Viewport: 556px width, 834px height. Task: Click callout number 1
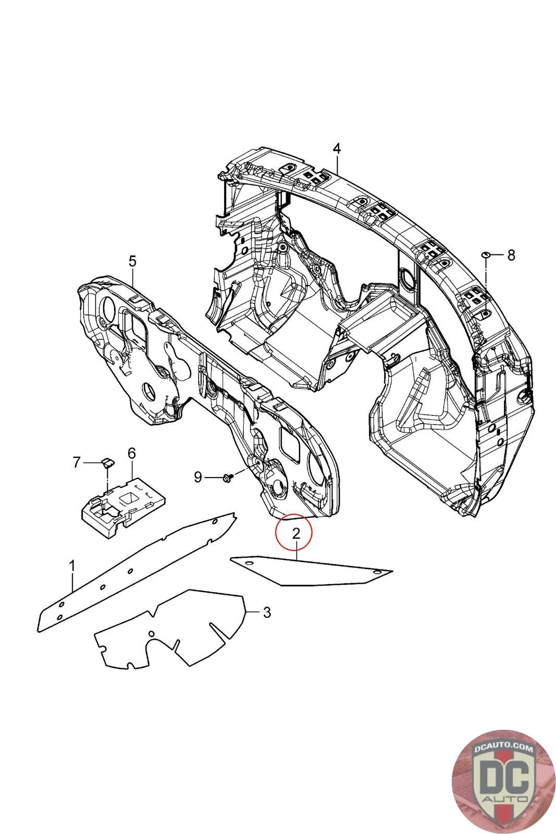coord(73,566)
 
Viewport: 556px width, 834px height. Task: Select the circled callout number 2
coord(295,533)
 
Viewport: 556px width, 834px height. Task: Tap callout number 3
coord(266,612)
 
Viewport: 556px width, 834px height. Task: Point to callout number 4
coord(337,149)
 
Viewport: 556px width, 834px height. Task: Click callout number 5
coord(132,261)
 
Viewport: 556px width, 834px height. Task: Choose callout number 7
coord(77,462)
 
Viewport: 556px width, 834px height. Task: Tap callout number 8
coord(511,255)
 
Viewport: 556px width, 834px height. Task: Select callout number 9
coord(198,476)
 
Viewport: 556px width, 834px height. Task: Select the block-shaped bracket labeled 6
coord(122,500)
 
